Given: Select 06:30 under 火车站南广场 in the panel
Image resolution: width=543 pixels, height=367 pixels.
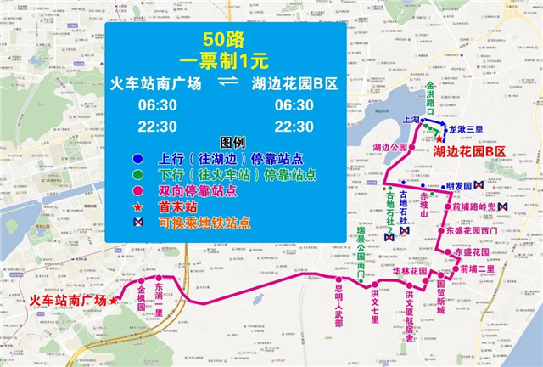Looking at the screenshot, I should click(x=159, y=104).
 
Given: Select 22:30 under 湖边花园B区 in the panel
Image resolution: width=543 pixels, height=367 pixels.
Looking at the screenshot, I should click(x=294, y=126).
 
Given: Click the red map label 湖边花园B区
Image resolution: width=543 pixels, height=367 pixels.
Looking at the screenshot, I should click(x=469, y=150).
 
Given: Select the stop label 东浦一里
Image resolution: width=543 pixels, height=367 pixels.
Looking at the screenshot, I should click(x=159, y=299).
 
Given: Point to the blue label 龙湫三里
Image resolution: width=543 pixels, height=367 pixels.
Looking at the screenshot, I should click(x=465, y=129).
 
